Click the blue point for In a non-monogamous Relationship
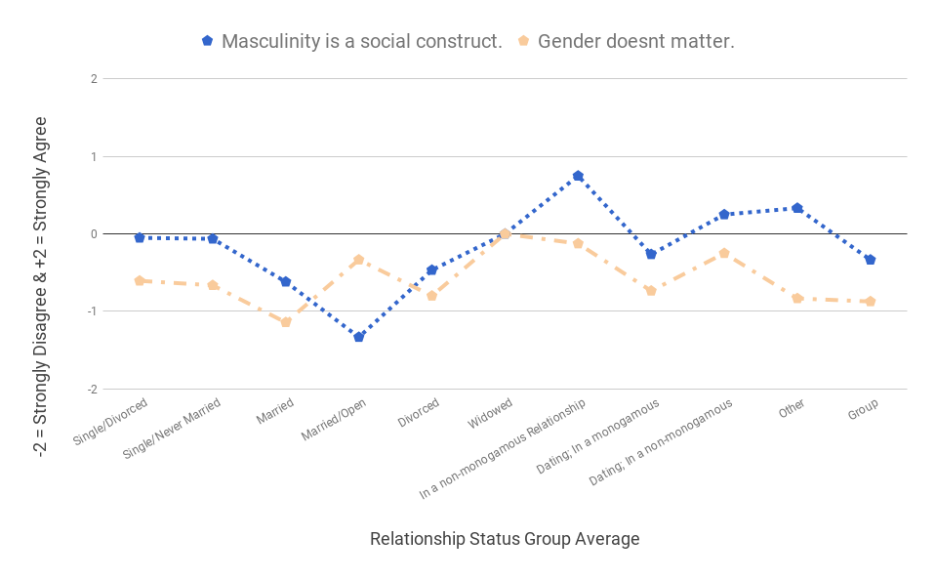click(x=578, y=176)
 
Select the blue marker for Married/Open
click(x=359, y=337)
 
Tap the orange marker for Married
click(x=286, y=321)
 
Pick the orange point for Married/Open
click(x=359, y=260)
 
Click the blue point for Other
click(x=797, y=208)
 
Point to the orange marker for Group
click(x=870, y=302)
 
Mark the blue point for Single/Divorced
click(x=140, y=237)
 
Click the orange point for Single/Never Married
click(x=213, y=285)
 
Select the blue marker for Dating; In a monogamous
click(x=651, y=254)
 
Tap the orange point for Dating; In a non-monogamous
click(x=724, y=253)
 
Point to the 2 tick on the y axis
click(x=93, y=79)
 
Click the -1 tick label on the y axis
click(x=91, y=311)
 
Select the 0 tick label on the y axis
click(x=93, y=234)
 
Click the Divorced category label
click(x=419, y=413)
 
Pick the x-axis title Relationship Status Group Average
click(x=505, y=539)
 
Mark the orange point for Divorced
click(x=431, y=295)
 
